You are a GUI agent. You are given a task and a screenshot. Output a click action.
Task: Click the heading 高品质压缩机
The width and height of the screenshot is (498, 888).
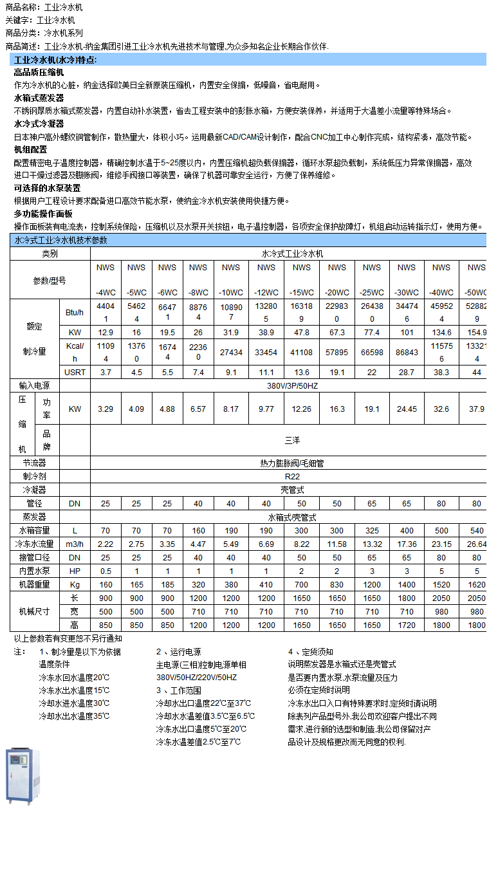pos(39,72)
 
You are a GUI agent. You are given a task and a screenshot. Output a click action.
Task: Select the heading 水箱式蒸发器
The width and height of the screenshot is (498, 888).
pos(39,98)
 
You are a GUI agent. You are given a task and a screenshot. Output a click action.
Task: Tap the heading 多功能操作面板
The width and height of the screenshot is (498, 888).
pos(43,214)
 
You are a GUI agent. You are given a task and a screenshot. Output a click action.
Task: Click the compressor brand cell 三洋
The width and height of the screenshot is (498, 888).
pos(292,440)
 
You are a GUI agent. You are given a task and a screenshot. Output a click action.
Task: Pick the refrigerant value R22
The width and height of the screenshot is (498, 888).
pos(292,476)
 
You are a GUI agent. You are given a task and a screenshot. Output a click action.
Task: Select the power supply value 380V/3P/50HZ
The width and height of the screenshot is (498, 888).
pos(292,385)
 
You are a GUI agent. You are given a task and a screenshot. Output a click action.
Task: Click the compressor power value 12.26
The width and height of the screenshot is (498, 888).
pos(301,409)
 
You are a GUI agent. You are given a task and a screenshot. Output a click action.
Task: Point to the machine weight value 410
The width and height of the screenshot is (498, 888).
pos(266,585)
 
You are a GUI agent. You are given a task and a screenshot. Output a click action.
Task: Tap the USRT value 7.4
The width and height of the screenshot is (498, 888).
pos(198,372)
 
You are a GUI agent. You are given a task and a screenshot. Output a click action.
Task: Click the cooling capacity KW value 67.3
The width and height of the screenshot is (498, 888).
pos(337,332)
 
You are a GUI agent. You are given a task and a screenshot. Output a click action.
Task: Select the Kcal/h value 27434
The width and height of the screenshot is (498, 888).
pos(231,352)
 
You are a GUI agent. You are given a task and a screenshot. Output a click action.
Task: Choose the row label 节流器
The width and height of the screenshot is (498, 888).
pos(34,463)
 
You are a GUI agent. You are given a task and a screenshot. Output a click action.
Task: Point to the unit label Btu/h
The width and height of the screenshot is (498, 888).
pos(75,312)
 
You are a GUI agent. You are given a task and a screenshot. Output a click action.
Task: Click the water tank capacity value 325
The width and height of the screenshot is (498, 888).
pos(371,531)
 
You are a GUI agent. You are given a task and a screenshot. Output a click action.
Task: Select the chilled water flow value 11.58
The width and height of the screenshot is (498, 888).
pos(337,544)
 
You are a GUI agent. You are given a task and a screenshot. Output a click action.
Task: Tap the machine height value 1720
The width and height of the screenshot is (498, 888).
pos(407,625)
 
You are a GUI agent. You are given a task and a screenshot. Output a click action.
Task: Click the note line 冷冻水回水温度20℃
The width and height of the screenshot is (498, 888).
pos(74,678)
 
